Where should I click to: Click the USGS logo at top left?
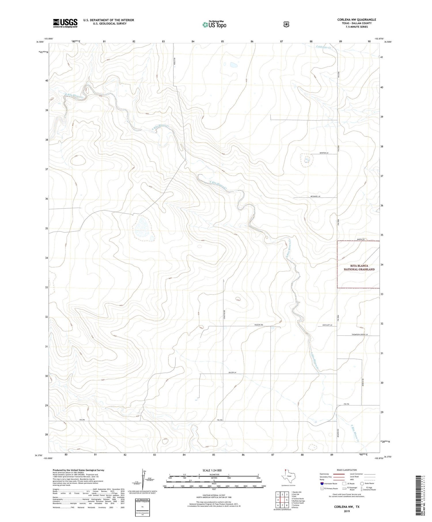[65, 23]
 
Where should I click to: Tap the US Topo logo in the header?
[214, 24]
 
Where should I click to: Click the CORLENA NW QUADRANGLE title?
[357, 20]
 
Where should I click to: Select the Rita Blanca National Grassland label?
[359, 267]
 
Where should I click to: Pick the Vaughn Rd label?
[258, 325]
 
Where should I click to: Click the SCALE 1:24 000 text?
[212, 470]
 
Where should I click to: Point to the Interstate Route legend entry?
[328, 483]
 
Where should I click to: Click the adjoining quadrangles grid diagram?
[282, 500]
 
